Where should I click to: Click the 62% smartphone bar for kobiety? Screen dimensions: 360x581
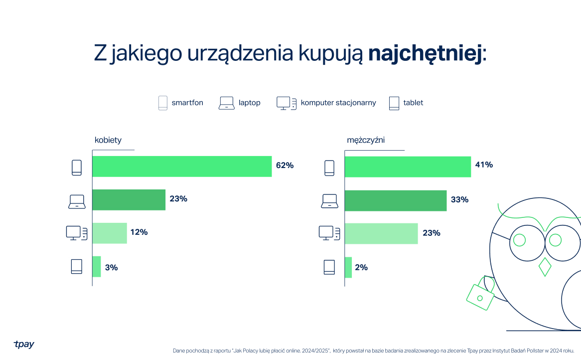(182, 167)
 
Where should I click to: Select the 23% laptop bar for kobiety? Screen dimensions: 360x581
(129, 199)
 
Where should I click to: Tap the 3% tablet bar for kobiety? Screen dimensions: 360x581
(97, 267)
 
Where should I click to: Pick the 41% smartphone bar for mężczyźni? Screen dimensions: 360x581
(408, 167)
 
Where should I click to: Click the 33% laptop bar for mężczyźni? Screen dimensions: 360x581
(395, 200)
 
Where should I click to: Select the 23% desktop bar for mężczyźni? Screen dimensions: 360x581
(381, 233)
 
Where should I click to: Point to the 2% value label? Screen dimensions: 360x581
(361, 267)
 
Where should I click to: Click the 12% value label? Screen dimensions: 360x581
(139, 232)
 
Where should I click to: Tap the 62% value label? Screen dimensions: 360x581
(285, 166)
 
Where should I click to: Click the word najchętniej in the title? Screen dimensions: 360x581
(425, 54)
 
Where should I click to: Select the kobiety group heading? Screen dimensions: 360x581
(108, 140)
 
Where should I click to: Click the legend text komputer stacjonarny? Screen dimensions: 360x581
(338, 103)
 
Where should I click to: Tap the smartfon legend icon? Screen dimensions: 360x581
(163, 103)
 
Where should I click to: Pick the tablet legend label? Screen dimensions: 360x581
(413, 103)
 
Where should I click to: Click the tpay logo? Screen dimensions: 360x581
(24, 344)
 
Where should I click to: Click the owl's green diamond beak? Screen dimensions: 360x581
(545, 267)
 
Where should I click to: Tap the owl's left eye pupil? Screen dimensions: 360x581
(519, 240)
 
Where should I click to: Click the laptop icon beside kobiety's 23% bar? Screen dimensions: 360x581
(77, 201)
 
